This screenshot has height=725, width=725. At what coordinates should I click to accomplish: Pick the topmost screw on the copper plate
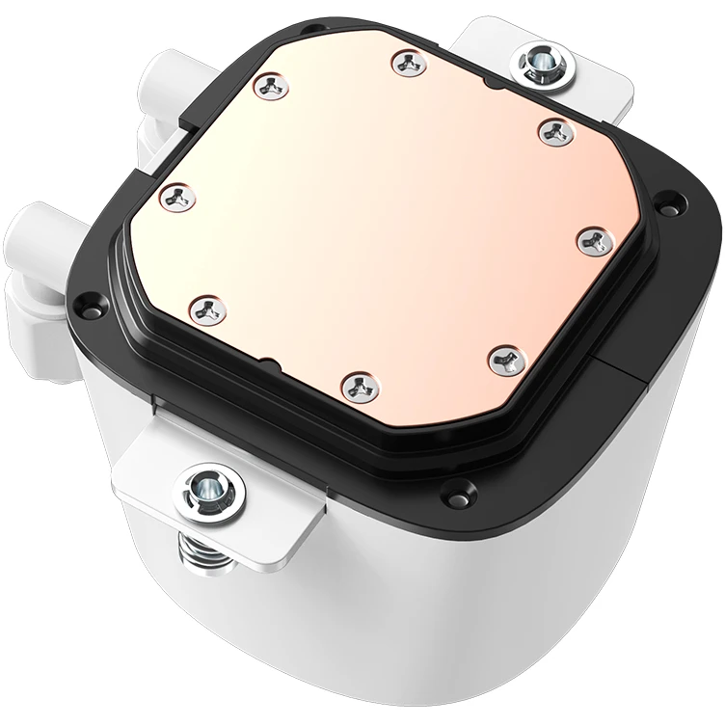click(x=404, y=64)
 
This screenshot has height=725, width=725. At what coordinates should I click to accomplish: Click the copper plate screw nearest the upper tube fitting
click(x=269, y=88)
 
